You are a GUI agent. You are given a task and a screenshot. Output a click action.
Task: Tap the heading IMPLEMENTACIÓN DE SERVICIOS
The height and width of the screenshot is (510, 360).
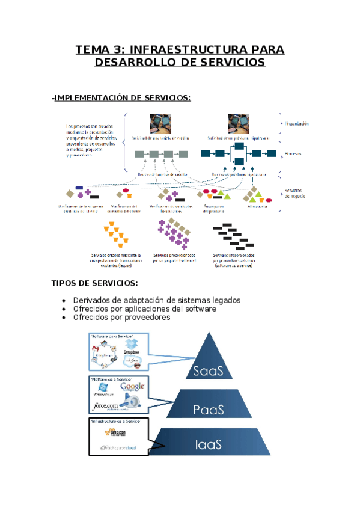point(123,97)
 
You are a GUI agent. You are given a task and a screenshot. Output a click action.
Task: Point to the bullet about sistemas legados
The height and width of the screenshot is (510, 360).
point(156,300)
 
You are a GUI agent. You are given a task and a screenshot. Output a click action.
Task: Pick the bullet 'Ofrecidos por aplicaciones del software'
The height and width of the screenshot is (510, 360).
point(144,309)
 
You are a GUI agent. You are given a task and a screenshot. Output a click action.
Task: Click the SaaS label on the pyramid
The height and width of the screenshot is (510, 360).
point(208,370)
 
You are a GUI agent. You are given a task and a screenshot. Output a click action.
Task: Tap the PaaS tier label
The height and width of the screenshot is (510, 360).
point(209,410)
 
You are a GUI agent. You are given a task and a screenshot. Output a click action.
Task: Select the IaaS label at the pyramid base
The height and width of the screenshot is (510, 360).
point(209,446)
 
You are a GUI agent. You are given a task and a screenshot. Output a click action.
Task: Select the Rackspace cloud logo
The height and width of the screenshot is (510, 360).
point(118,448)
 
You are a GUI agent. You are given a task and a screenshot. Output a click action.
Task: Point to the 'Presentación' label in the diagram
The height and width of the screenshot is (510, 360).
point(297,124)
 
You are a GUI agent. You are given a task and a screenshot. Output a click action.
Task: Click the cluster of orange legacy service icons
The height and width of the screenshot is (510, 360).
point(115,235)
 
